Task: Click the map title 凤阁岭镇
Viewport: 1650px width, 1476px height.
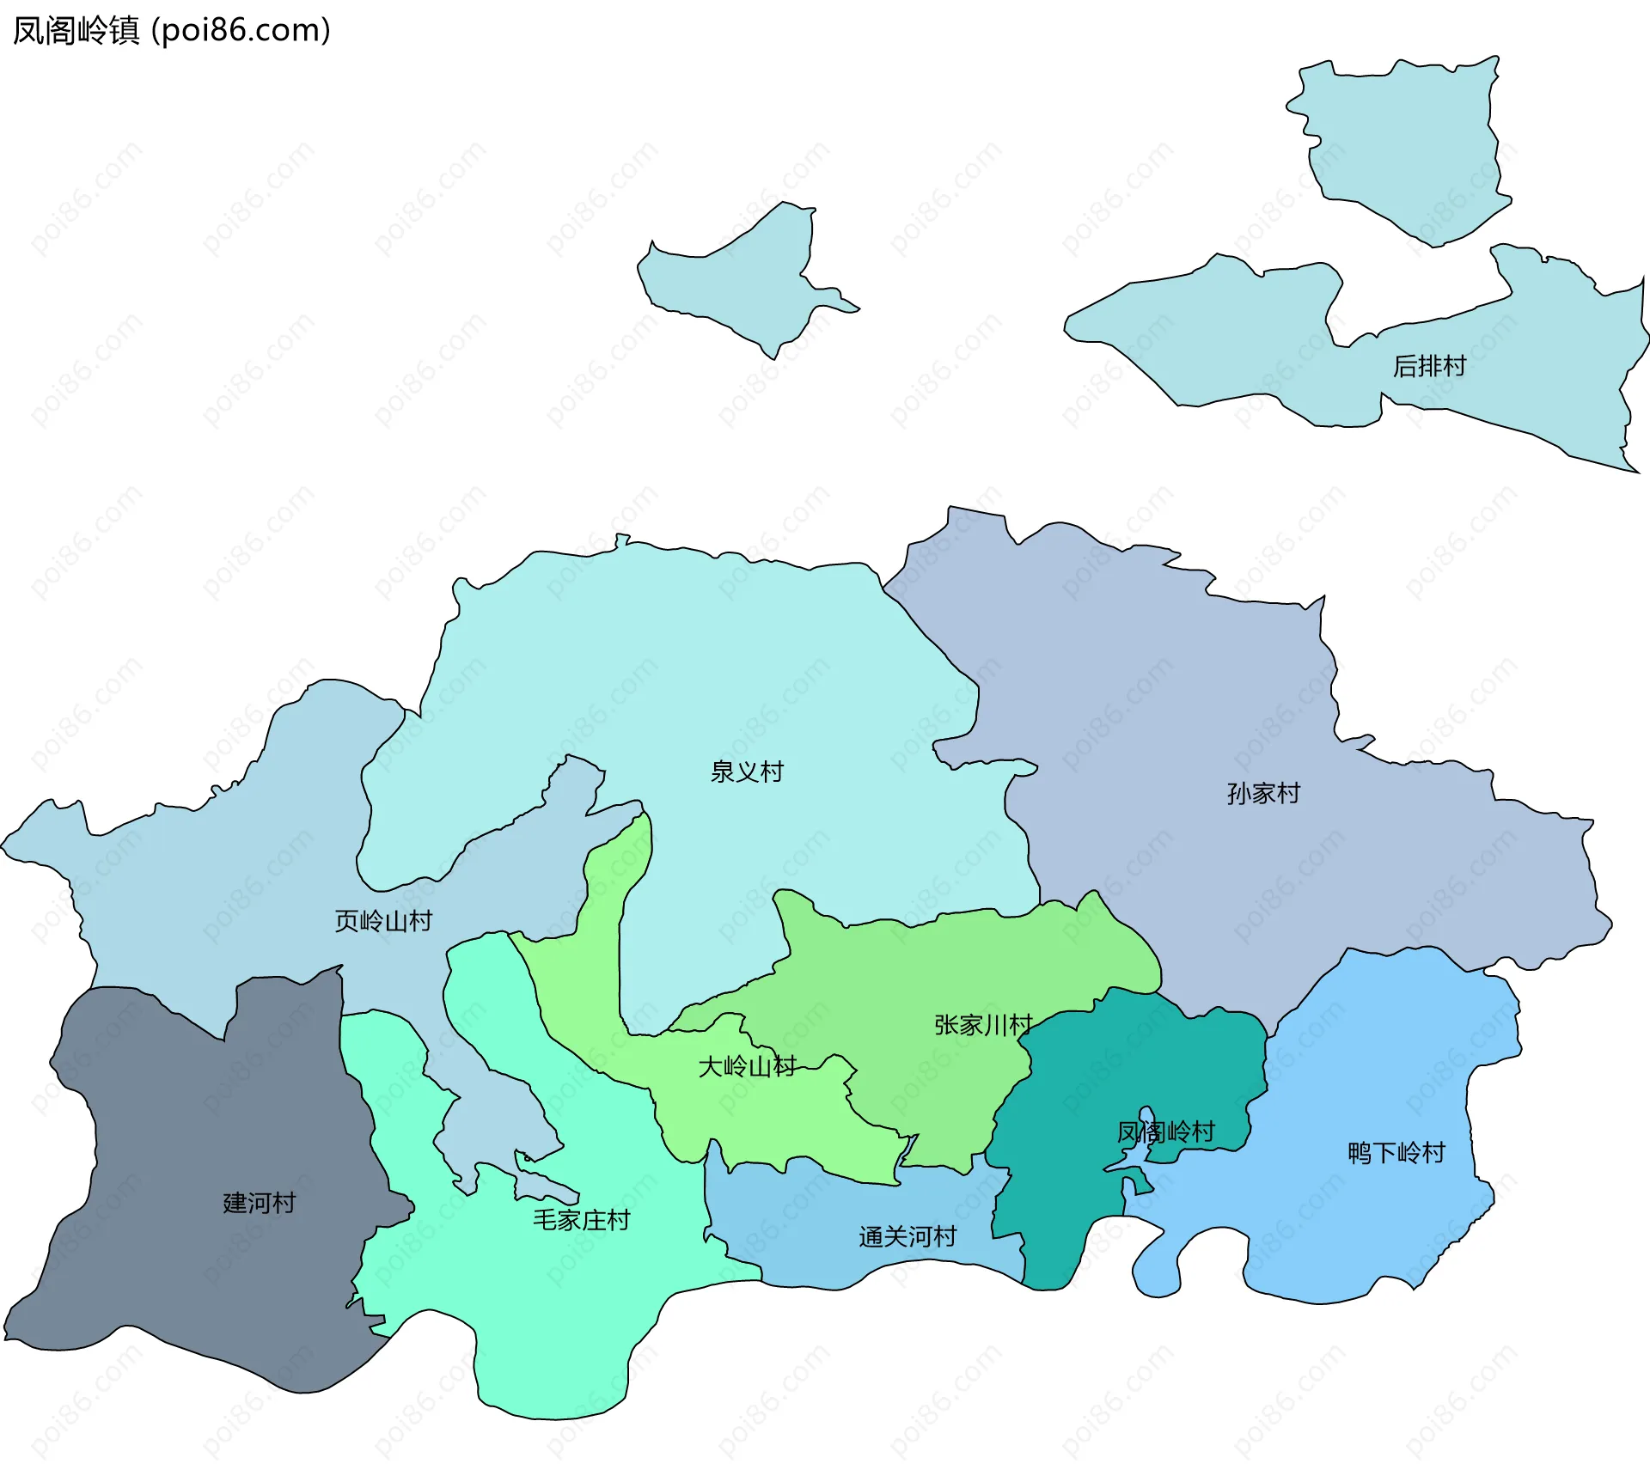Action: tap(76, 31)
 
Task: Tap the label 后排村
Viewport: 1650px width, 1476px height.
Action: tap(1429, 367)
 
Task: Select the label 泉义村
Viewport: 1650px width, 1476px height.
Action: tap(747, 772)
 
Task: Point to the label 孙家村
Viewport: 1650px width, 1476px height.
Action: tap(1263, 793)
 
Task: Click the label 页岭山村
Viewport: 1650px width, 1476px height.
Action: tap(383, 922)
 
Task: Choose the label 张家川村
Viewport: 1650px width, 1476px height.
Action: tap(983, 1025)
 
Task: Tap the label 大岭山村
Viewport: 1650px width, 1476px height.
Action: tap(747, 1067)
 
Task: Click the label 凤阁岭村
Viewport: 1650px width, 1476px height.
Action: tap(1165, 1132)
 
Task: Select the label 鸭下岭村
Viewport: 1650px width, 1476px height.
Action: tap(1396, 1153)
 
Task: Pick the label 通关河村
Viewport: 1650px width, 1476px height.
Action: tap(907, 1237)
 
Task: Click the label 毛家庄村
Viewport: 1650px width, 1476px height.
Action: tap(581, 1220)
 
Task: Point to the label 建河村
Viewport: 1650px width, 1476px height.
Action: tap(259, 1203)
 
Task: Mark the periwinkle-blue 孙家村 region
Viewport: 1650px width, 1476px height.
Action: tap(1160, 687)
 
